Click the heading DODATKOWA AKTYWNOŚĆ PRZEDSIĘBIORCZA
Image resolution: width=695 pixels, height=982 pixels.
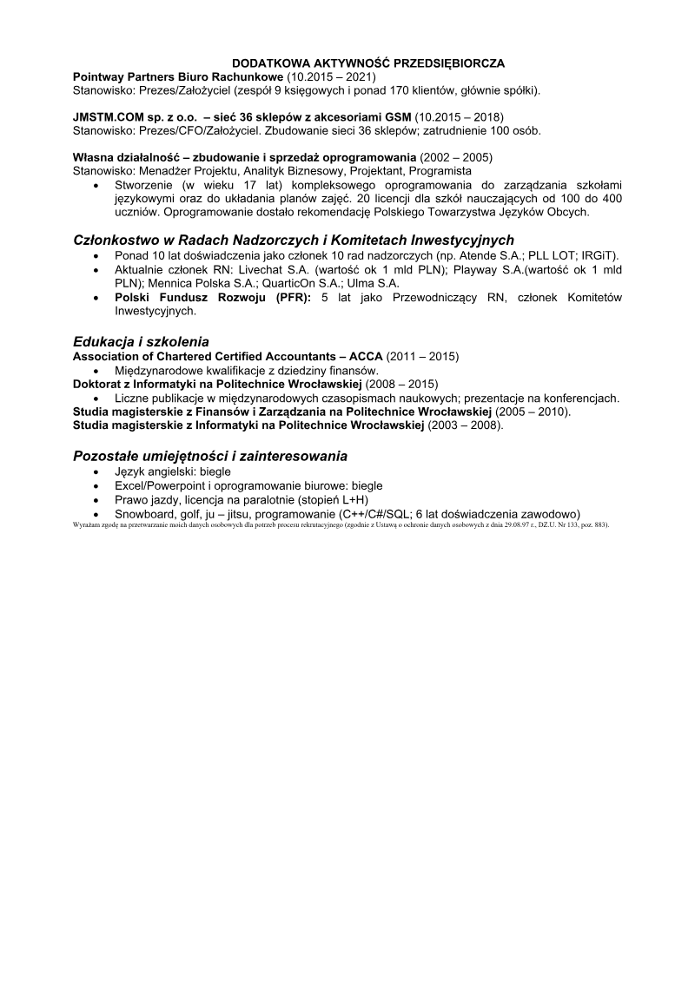coord(368,63)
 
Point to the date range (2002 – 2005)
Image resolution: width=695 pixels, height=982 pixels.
coord(456,157)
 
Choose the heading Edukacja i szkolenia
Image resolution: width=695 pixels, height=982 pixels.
coord(141,341)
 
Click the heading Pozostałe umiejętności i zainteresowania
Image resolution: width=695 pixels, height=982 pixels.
coord(210,455)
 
